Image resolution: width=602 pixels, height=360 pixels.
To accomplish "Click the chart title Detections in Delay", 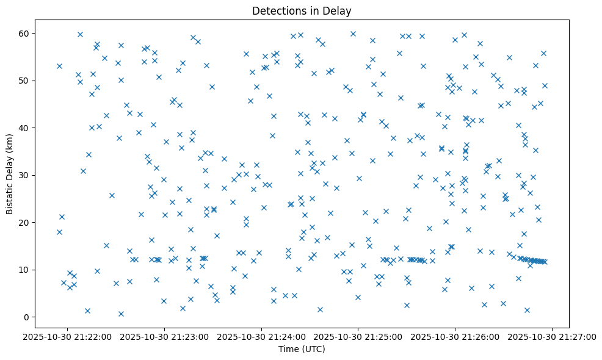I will [302, 11].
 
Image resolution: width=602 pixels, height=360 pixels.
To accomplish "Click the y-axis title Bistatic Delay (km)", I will [10, 175].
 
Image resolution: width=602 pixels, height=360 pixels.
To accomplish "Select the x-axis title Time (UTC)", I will [302, 349].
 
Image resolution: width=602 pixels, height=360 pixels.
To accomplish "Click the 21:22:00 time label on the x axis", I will [67, 336].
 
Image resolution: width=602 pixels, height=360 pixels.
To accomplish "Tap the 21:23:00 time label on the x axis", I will [164, 336].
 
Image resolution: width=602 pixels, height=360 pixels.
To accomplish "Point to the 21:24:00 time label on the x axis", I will [261, 336].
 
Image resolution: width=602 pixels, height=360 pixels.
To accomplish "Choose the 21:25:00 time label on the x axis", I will [358, 336].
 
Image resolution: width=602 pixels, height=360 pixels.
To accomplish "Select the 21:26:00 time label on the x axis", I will [455, 336].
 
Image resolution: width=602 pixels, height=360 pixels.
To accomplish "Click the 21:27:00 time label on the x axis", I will [553, 336].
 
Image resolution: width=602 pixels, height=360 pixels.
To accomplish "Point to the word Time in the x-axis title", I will [288, 349].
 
